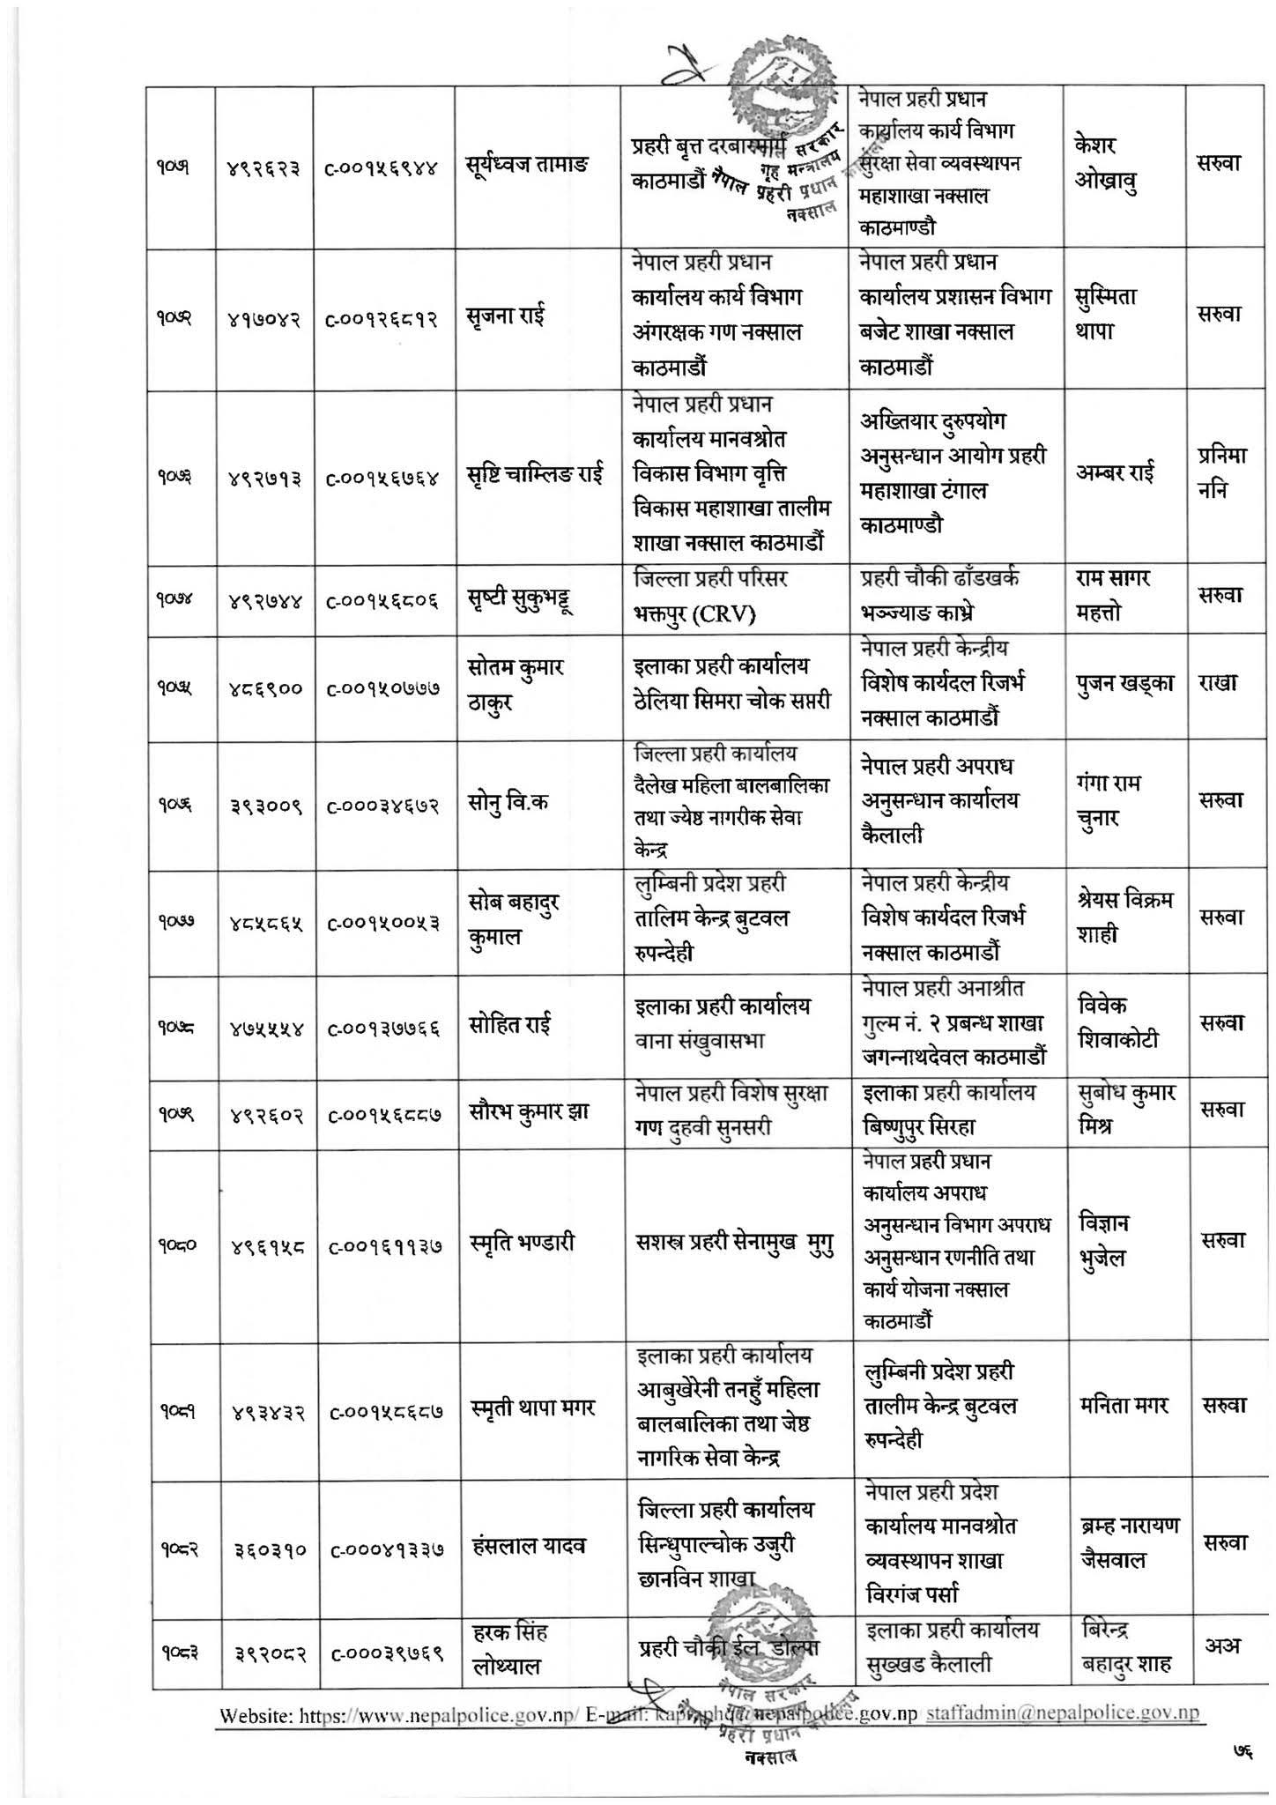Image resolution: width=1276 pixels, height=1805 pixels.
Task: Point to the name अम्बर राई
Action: point(1121,473)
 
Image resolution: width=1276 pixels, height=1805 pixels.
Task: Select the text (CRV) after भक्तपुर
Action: point(722,614)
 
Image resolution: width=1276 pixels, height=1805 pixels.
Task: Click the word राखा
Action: point(1219,683)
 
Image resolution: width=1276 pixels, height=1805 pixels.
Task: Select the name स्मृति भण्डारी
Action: point(522,1243)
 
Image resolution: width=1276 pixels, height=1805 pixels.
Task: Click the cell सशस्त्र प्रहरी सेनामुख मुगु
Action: point(735,1243)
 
